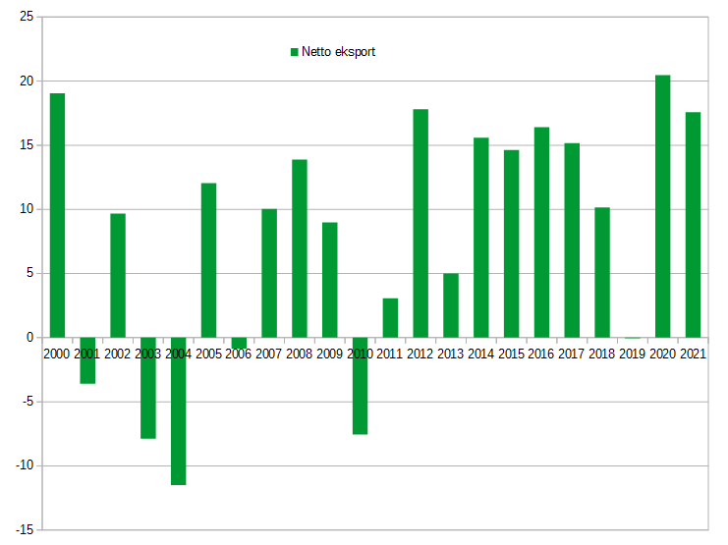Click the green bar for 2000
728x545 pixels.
coord(57,215)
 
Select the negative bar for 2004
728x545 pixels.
coord(178,417)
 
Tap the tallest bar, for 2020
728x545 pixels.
coord(662,206)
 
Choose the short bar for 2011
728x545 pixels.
coord(390,317)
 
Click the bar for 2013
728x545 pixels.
coord(451,304)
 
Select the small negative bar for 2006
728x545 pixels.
coord(239,343)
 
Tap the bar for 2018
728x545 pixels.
coord(602,272)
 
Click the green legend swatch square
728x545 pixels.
coord(293,52)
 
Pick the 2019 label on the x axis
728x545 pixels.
coord(632,354)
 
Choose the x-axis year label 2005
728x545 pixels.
coord(208,354)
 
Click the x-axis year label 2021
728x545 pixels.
coord(693,354)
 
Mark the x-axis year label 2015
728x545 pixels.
coord(511,354)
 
